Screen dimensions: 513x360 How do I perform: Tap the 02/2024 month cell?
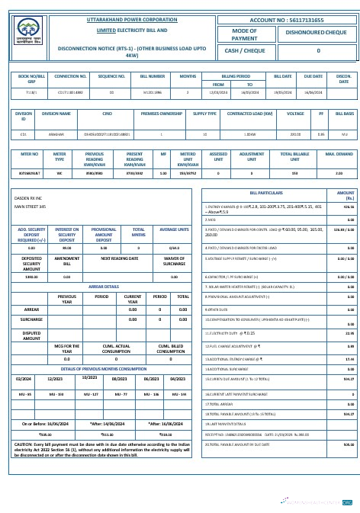click(24, 378)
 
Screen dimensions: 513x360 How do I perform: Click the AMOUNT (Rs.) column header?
click(346, 195)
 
